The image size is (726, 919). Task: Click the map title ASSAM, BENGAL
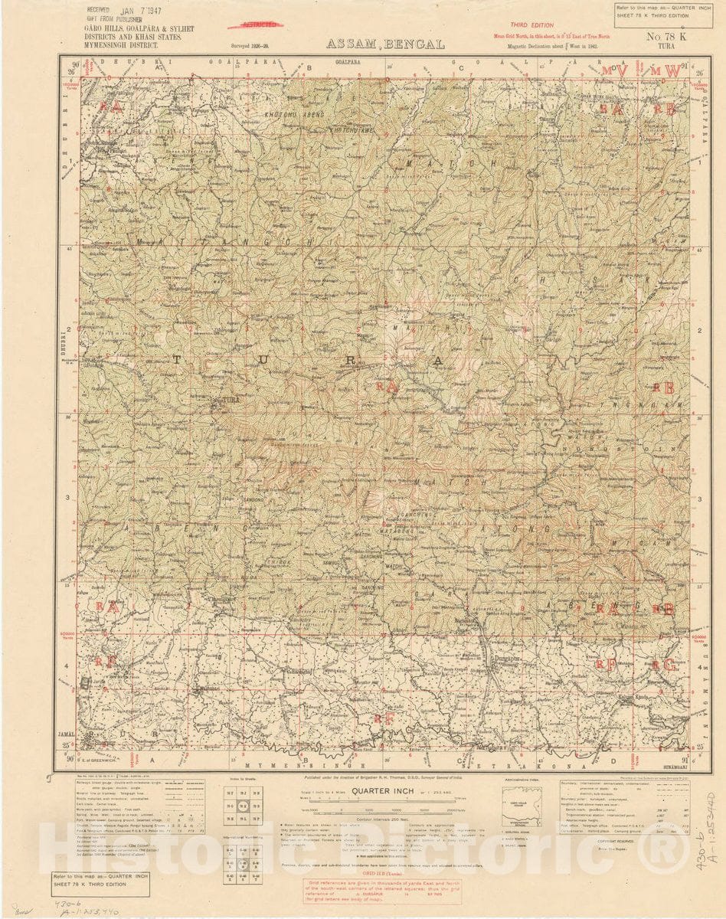click(x=385, y=44)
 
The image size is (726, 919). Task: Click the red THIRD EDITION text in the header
click(x=531, y=25)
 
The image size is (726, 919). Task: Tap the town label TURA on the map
click(x=230, y=401)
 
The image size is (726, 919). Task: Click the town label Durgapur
click(x=505, y=657)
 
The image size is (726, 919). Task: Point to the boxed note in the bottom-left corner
click(x=100, y=883)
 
